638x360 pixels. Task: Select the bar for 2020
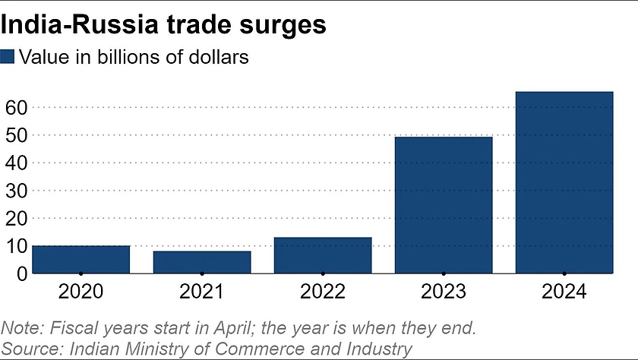click(81, 259)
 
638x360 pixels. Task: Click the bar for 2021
click(201, 261)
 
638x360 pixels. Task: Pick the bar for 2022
click(323, 255)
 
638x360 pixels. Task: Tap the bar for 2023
click(444, 204)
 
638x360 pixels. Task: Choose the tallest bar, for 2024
click(564, 182)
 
